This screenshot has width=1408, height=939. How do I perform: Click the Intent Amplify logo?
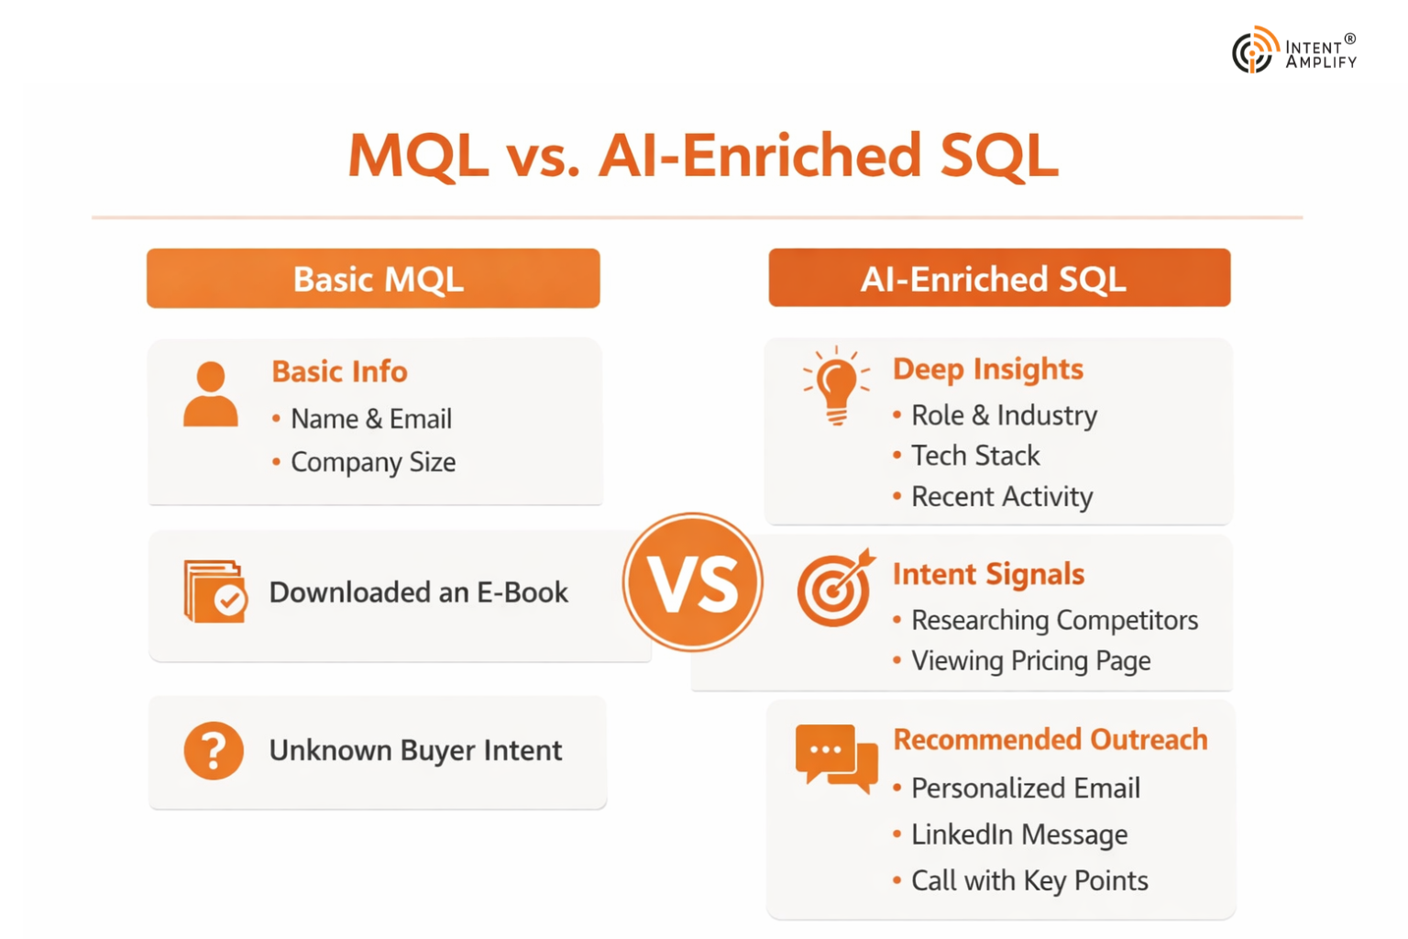(1293, 50)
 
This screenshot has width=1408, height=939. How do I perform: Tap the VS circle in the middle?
(693, 582)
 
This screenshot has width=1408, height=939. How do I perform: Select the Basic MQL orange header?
(373, 278)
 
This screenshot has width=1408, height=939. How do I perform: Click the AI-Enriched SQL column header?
(999, 277)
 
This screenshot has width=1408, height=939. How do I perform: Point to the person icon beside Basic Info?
(211, 394)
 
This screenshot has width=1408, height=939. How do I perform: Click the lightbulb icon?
(837, 385)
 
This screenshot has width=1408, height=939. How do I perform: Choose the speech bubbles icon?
(837, 757)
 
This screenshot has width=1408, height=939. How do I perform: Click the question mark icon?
(214, 750)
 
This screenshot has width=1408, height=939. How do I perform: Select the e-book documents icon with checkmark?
(215, 591)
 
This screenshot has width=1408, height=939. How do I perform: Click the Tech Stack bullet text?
(975, 456)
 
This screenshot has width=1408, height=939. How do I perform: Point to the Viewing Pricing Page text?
(1031, 661)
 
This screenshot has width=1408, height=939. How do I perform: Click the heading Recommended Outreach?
(1050, 739)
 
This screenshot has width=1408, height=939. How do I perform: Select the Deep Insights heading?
(988, 370)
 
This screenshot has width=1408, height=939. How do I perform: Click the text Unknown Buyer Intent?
(415, 751)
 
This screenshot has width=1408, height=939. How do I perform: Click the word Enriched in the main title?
(802, 155)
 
